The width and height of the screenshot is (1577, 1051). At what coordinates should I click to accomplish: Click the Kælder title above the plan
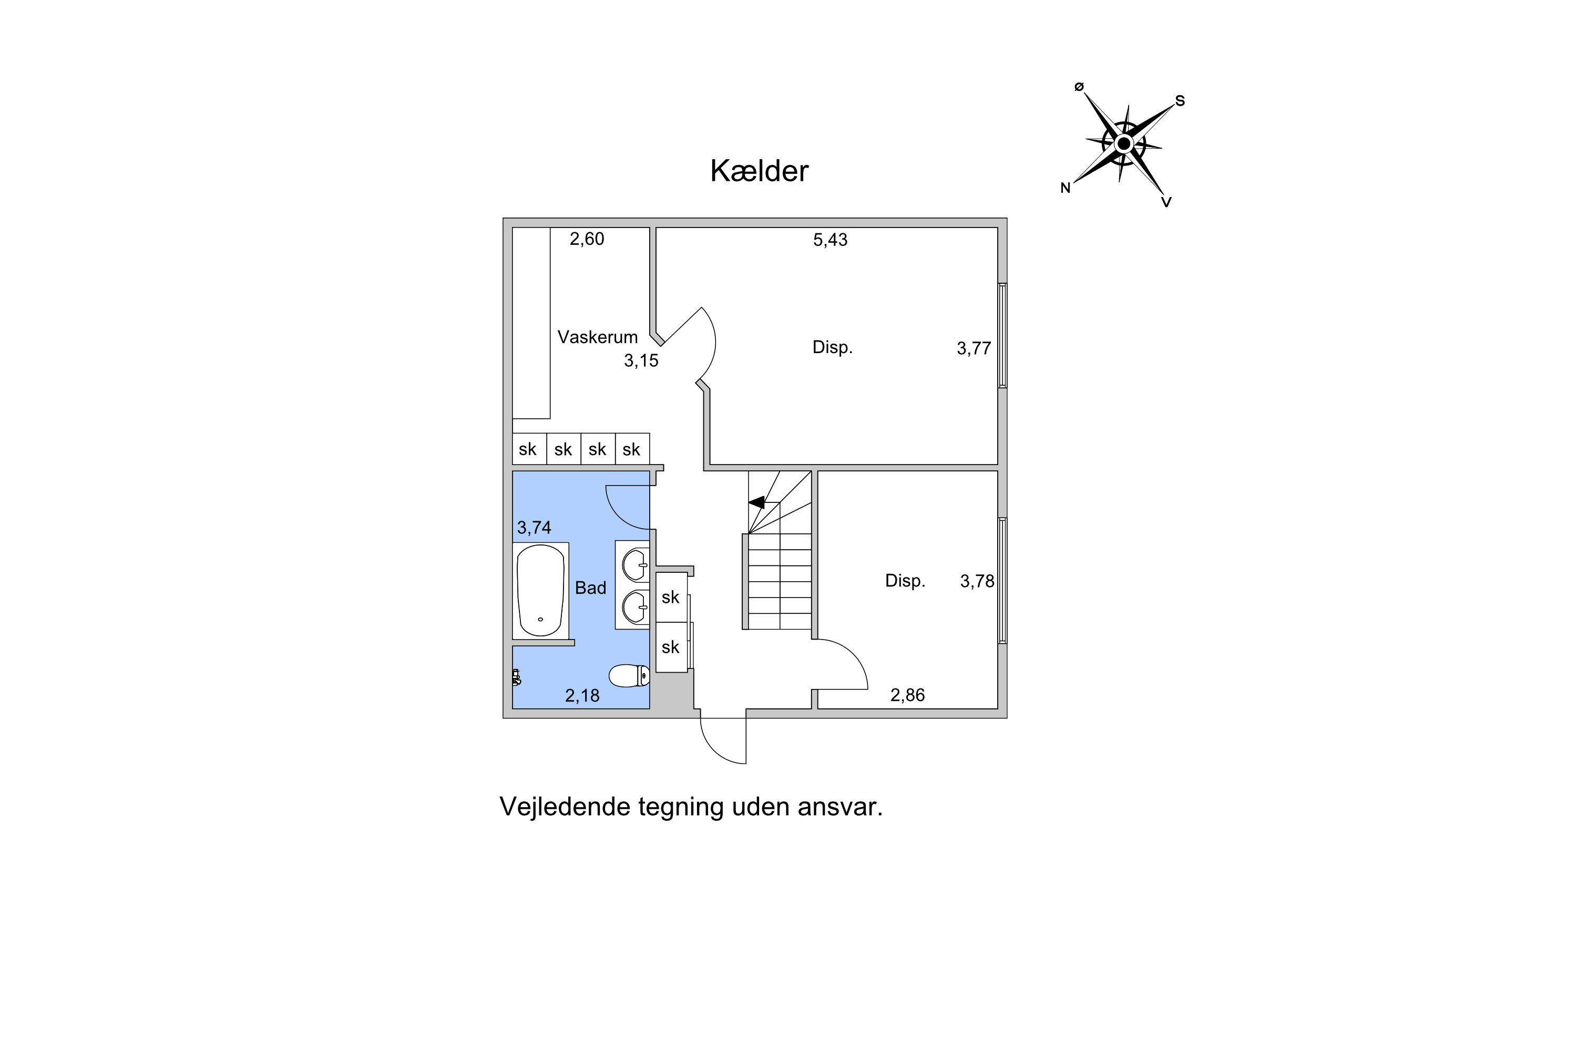(x=759, y=171)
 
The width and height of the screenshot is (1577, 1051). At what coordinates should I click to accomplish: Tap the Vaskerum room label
(x=597, y=336)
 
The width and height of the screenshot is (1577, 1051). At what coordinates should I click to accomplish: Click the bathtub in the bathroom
(x=540, y=591)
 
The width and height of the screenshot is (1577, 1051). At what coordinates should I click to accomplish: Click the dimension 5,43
(x=830, y=240)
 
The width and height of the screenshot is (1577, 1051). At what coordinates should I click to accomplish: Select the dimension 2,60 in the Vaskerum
(x=587, y=239)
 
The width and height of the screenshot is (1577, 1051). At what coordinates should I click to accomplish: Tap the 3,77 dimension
(x=974, y=348)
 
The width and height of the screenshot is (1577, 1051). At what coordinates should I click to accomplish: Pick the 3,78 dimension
(x=977, y=581)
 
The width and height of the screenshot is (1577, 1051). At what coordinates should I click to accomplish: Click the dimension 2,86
(x=907, y=695)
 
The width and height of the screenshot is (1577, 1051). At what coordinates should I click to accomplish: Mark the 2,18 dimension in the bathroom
(x=582, y=696)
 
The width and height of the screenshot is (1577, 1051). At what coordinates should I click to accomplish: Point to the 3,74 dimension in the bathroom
(x=534, y=528)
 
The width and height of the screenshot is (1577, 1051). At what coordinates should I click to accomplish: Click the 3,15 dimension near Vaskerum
(x=641, y=360)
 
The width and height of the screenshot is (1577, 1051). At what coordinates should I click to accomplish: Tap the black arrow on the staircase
(x=756, y=502)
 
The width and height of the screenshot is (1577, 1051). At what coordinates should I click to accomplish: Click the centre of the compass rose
(x=1124, y=143)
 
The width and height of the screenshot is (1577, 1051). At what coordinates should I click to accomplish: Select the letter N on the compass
(x=1065, y=188)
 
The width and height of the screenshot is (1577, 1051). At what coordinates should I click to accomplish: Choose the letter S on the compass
(x=1180, y=101)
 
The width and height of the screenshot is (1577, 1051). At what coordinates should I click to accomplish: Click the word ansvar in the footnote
(x=840, y=808)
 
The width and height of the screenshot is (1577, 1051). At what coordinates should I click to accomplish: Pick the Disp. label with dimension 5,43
(x=832, y=347)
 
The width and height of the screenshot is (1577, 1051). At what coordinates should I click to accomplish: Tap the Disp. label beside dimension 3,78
(x=905, y=581)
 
